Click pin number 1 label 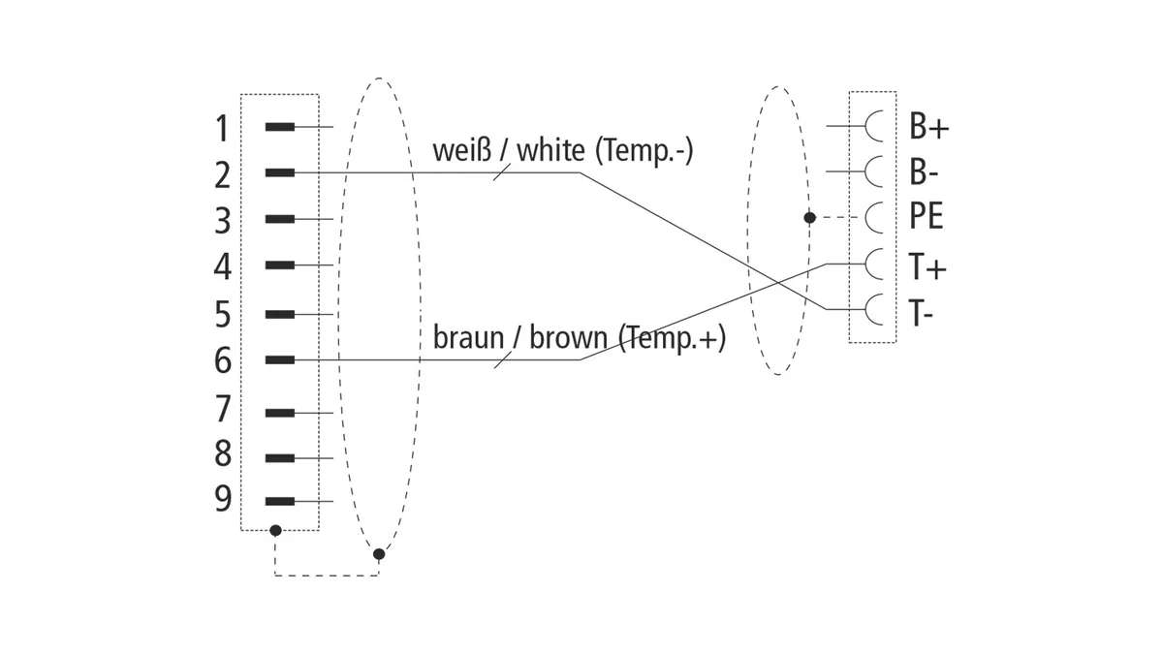(222, 129)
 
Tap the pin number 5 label (222, 314)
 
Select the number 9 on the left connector (223, 499)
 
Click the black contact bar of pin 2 (280, 172)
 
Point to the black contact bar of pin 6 (280, 359)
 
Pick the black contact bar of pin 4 (280, 265)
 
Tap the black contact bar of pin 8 (280, 458)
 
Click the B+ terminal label (928, 126)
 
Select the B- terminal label (924, 171)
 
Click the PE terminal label (926, 216)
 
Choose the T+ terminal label (927, 266)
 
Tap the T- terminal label (921, 312)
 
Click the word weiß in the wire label (461, 150)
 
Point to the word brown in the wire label (568, 338)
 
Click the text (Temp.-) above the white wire (644, 151)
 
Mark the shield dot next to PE (809, 217)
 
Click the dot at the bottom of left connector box (275, 531)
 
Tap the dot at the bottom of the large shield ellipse (379, 554)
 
